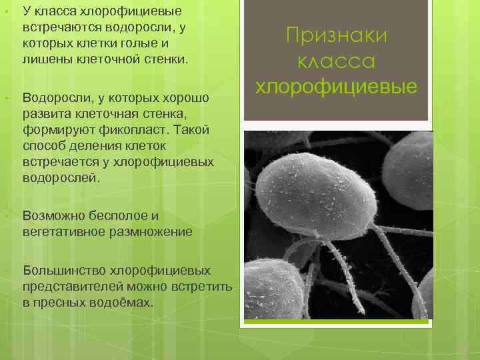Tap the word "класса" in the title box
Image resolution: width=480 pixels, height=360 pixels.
tap(336, 61)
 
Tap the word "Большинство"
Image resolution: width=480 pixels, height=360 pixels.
tap(65, 271)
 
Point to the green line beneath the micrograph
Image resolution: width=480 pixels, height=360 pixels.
tap(337, 323)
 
